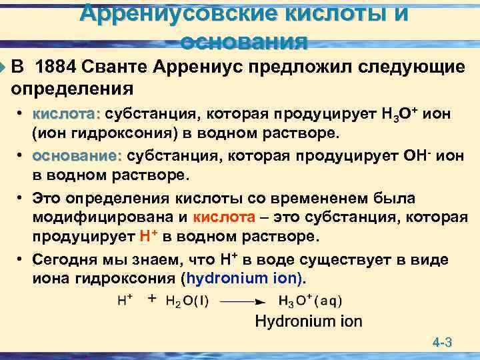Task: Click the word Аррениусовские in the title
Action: tap(171, 13)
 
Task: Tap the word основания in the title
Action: tap(244, 42)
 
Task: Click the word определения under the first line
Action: tap(73, 88)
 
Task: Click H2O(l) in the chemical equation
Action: tap(181, 301)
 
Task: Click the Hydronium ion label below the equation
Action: tap(309, 321)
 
